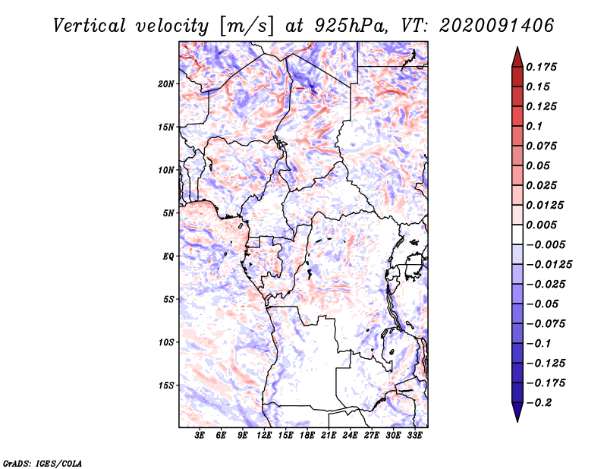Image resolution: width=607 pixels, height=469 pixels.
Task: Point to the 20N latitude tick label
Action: tap(166, 83)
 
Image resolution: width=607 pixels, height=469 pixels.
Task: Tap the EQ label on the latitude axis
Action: tap(168, 257)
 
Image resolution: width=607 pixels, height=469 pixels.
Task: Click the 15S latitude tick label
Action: tap(166, 386)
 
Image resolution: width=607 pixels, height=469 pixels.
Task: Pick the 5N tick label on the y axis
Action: tap(168, 213)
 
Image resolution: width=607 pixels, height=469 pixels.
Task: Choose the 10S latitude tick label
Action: tap(166, 342)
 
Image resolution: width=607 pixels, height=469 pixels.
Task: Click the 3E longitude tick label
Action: tap(200, 436)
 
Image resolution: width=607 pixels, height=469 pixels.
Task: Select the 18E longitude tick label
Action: tap(307, 436)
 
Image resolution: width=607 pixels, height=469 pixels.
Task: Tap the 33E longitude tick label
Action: tap(414, 436)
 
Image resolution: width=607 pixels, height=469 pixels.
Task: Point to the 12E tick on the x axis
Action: tap(265, 436)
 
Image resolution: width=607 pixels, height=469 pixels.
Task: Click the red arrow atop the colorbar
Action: tap(517, 56)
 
